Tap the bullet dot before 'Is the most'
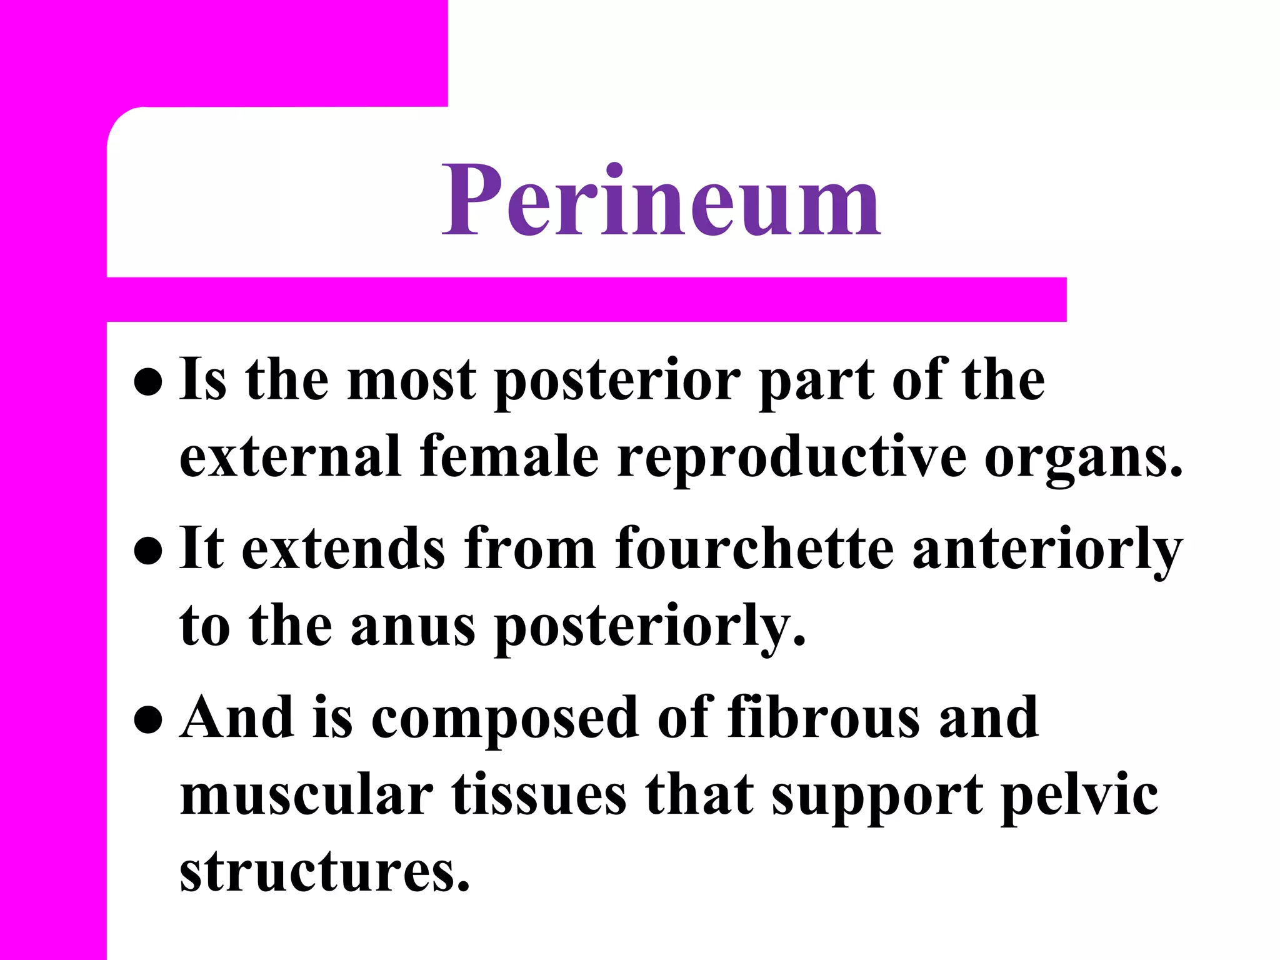tap(148, 382)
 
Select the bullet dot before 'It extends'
tap(148, 551)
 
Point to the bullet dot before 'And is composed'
tap(148, 719)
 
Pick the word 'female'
tap(509, 457)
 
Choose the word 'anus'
tap(412, 626)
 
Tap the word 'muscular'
tap(306, 795)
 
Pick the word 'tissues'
tap(539, 795)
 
